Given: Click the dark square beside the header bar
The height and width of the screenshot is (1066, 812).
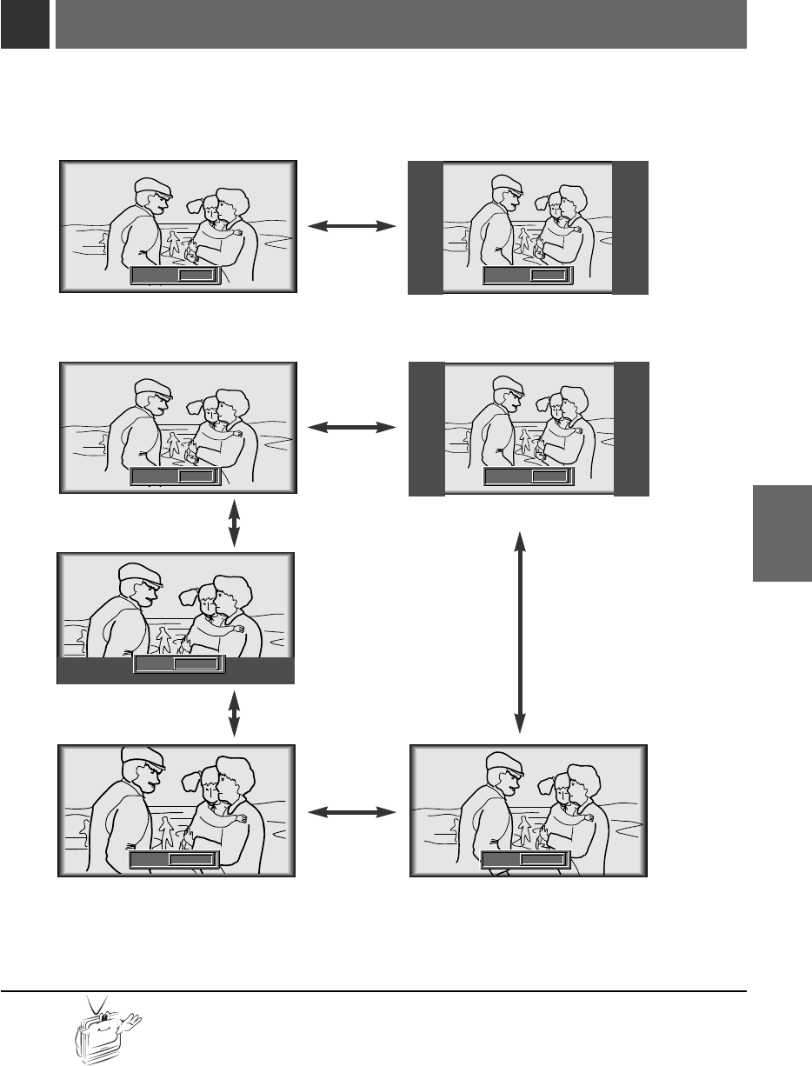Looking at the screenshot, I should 23,24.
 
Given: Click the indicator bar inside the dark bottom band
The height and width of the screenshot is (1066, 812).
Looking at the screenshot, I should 179,664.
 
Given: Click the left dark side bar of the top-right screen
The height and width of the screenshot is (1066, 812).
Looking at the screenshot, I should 425,228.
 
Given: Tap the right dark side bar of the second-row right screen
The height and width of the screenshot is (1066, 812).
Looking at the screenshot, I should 631,429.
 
